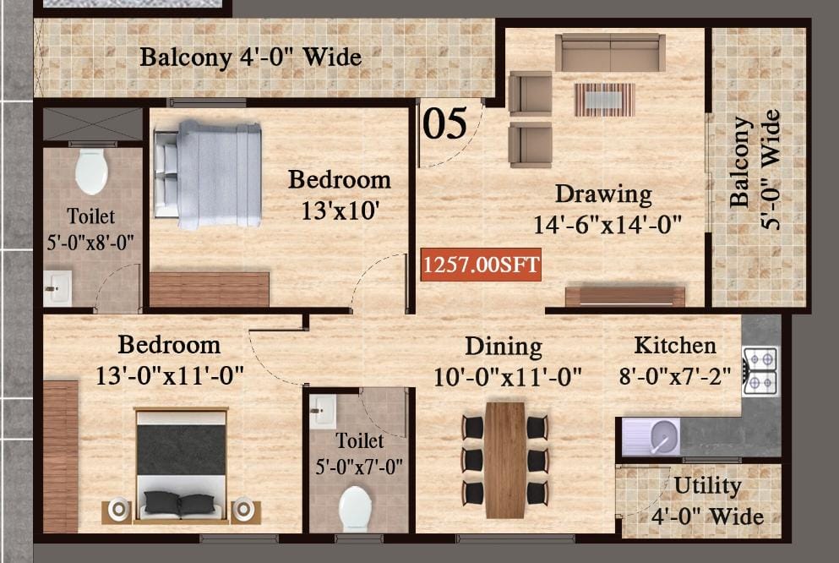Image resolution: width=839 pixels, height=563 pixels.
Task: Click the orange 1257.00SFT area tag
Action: point(481,265)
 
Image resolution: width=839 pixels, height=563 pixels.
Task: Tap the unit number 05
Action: point(444,123)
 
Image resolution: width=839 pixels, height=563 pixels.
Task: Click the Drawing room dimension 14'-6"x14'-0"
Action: point(607,224)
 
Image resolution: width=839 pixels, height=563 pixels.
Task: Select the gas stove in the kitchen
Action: point(760,371)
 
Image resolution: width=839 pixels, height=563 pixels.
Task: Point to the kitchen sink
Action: point(651,437)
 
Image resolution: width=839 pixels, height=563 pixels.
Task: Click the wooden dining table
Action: point(505,460)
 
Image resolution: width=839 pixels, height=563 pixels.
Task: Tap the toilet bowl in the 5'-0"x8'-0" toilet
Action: point(91,172)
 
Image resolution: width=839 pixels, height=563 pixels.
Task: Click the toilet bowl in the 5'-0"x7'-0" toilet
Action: point(356,509)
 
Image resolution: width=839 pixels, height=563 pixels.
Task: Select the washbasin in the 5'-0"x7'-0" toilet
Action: point(323,412)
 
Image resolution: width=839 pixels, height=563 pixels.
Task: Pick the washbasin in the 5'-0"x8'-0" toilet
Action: point(57,288)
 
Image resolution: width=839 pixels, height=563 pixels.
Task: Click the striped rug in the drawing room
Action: point(605,100)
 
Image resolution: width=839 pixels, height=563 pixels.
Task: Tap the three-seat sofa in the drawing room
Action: point(610,52)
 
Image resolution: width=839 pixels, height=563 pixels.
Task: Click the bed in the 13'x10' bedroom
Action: point(208,175)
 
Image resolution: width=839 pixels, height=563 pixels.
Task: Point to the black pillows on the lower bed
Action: point(179,503)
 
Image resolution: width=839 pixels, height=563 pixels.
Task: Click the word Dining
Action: point(504,347)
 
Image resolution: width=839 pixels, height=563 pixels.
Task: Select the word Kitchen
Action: point(675,346)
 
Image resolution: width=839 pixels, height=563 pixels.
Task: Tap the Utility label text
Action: point(707,486)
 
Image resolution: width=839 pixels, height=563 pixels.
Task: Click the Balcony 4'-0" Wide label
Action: point(250,57)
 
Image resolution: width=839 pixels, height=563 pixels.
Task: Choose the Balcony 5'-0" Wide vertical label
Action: point(755,170)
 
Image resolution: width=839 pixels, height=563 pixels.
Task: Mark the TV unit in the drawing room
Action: point(625,297)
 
